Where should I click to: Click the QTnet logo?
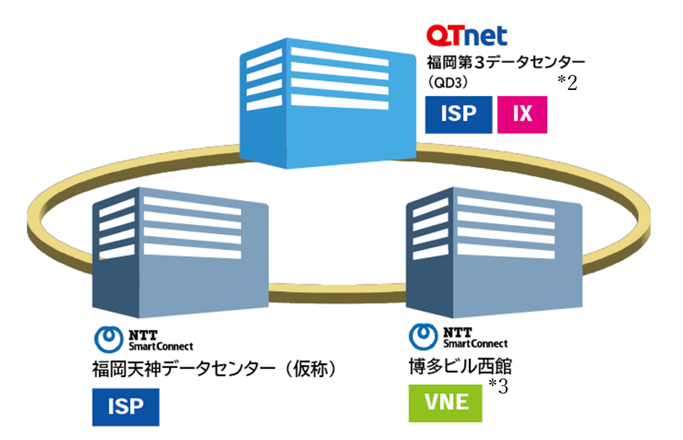[x=466, y=34]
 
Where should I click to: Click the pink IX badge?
[x=522, y=114]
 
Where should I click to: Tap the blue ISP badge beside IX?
[x=459, y=114]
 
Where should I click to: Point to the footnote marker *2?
[x=567, y=83]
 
